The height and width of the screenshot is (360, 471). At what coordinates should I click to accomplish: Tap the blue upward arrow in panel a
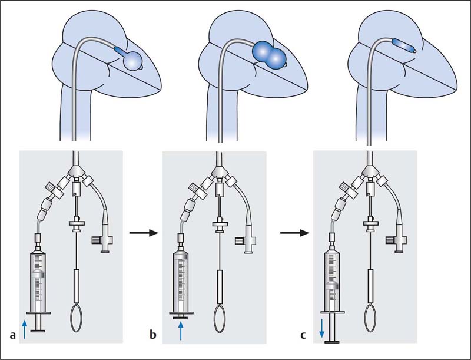[x=24, y=328]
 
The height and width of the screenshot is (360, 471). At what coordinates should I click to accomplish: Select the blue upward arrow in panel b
[x=181, y=329]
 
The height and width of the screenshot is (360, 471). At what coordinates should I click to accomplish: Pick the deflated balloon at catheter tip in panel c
[x=404, y=45]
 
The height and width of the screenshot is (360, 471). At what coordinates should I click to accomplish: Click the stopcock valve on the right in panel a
[x=101, y=240]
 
